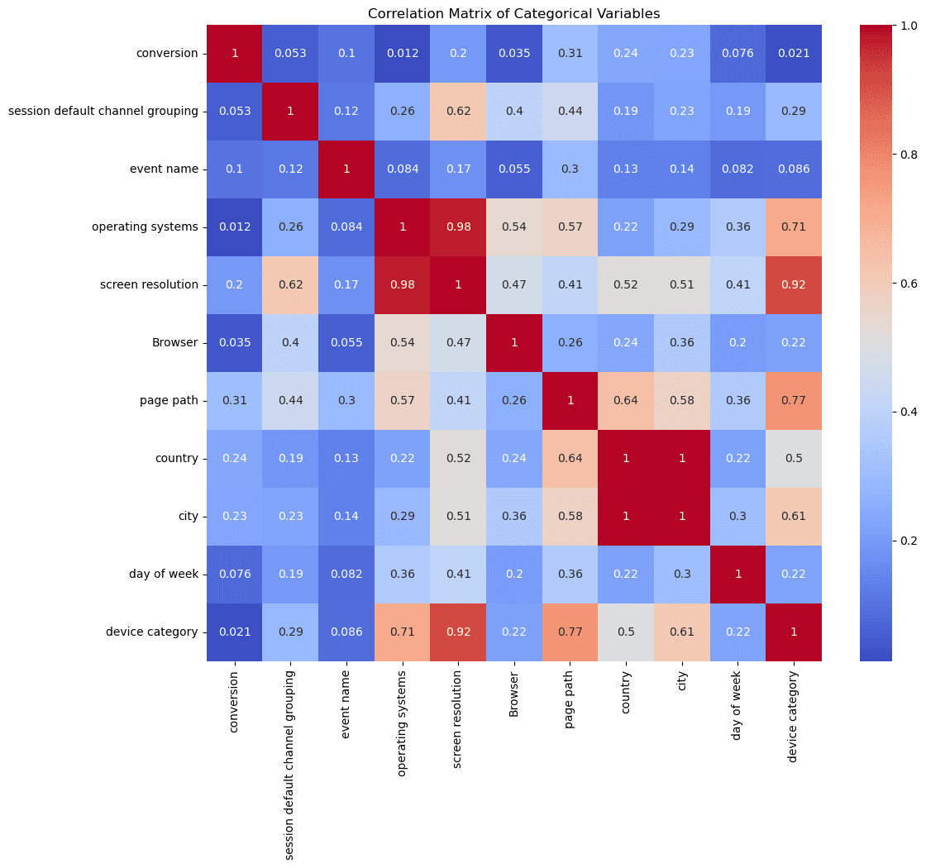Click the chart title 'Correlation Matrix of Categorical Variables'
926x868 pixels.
pyautogui.click(x=513, y=13)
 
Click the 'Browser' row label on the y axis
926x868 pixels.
pyautogui.click(x=179, y=343)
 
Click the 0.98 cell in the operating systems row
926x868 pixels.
pyautogui.click(x=458, y=227)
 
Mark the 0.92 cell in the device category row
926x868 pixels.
pyautogui.click(x=458, y=632)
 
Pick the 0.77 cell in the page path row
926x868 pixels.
pyautogui.click(x=794, y=401)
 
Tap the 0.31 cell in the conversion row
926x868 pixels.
pyautogui.click(x=570, y=54)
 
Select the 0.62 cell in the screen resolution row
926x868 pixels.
pyautogui.click(x=290, y=285)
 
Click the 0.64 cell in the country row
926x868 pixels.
pyautogui.click(x=570, y=459)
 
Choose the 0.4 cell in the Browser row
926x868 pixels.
pyautogui.click(x=290, y=343)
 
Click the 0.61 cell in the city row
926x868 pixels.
pyautogui.click(x=794, y=517)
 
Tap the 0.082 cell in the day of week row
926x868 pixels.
pyautogui.click(x=346, y=575)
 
